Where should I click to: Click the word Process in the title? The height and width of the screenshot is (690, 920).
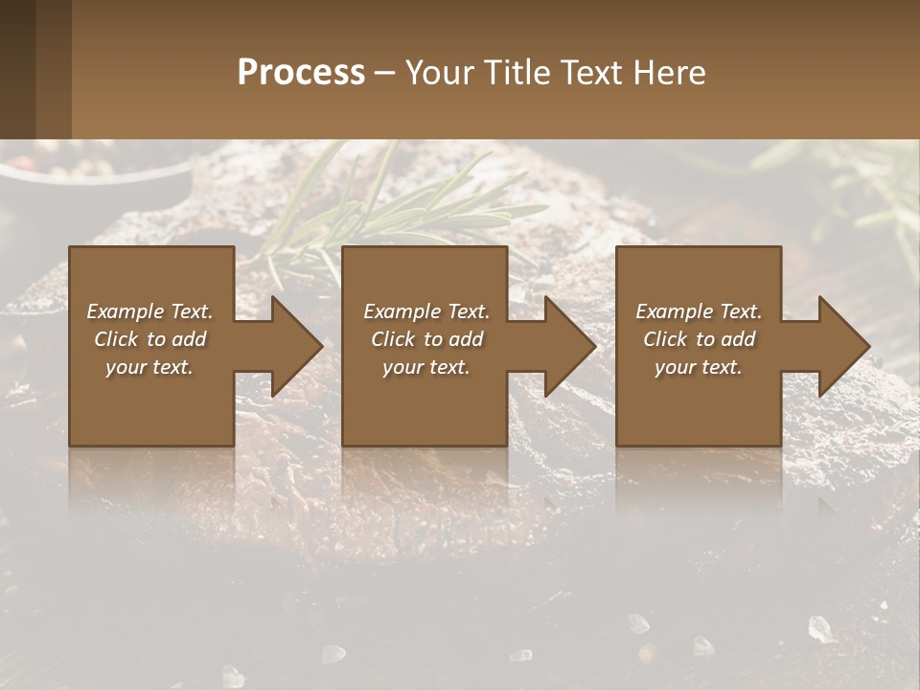tap(301, 73)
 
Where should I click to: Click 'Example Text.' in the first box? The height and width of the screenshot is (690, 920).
tap(149, 311)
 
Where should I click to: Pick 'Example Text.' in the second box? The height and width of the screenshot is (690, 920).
tap(425, 311)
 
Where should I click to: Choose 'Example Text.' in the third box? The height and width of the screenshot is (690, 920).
tap(699, 311)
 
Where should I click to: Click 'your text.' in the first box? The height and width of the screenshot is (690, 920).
tap(149, 367)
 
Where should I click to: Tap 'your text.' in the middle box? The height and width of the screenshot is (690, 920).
tap(425, 367)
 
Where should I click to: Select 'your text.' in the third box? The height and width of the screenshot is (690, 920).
tap(699, 367)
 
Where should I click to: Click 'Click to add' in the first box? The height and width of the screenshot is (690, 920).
tap(149, 339)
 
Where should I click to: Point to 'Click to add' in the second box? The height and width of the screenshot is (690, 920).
tap(425, 339)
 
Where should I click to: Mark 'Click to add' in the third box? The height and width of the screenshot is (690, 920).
tap(699, 339)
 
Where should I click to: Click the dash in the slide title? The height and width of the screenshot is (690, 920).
tap(385, 74)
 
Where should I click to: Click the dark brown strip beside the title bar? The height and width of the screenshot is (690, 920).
tap(34, 69)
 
